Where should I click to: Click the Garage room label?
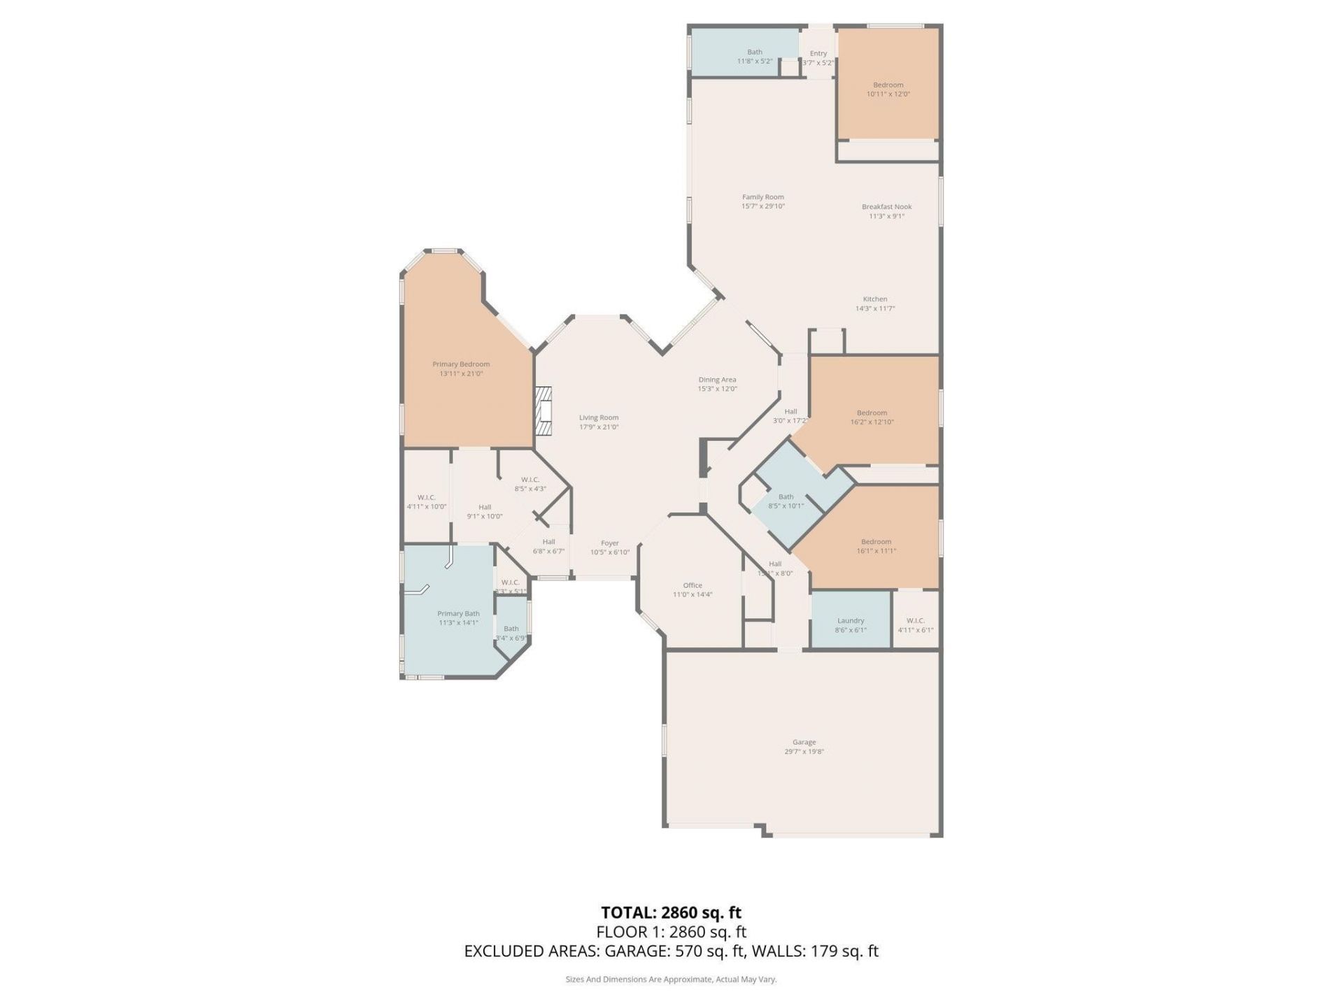[x=804, y=742]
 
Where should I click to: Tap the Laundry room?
[x=850, y=621]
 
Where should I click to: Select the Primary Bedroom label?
[x=460, y=364]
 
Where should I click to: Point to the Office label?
[x=692, y=585]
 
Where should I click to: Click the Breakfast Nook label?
[x=886, y=207]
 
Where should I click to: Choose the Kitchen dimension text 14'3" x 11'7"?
[x=874, y=308]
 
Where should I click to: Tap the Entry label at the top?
[x=818, y=54]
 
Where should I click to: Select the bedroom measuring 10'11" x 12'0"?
[x=888, y=89]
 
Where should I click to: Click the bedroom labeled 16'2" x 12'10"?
[x=872, y=417]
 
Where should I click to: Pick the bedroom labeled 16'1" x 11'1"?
[x=876, y=545]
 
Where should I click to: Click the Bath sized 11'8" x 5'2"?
[x=754, y=56]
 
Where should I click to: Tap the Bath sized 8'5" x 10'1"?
[x=786, y=501]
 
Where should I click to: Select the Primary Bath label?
[x=458, y=614]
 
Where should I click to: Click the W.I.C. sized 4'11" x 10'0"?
[x=426, y=501]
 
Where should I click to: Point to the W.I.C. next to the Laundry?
[x=915, y=624]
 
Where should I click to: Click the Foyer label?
[x=609, y=543]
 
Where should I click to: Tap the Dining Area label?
[x=717, y=380]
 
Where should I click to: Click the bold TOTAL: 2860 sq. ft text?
[x=671, y=913]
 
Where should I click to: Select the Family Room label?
[x=762, y=197]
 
